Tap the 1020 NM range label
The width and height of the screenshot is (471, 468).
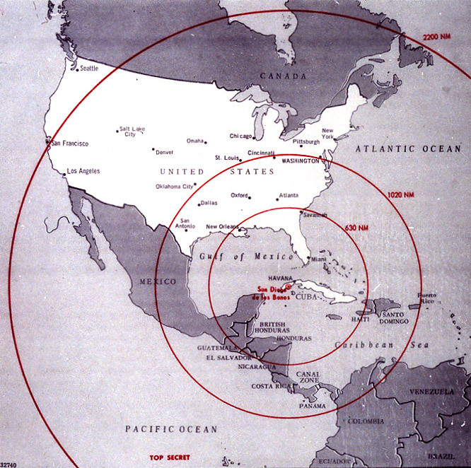click(400, 194)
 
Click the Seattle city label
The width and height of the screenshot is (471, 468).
click(89, 69)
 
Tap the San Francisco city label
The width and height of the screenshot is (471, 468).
click(69, 144)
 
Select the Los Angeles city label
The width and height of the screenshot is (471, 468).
click(83, 171)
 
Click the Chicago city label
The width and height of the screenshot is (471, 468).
click(242, 136)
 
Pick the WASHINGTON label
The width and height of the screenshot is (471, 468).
click(300, 161)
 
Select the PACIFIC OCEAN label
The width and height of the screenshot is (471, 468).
click(171, 429)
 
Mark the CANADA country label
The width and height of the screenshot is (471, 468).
click(283, 76)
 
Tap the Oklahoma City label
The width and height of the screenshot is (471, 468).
click(174, 187)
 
